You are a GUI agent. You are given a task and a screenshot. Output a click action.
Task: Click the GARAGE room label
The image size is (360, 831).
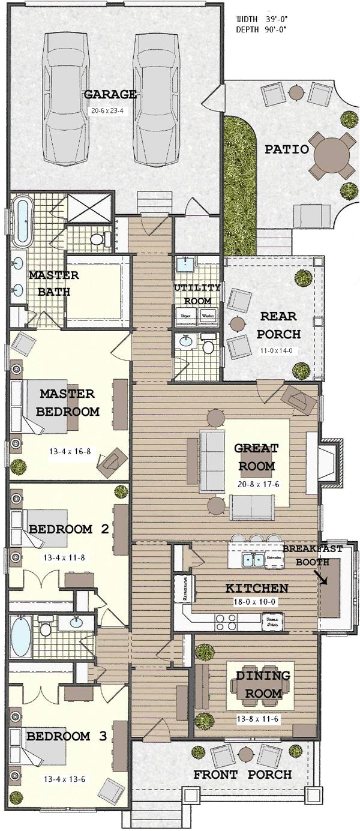point(110,94)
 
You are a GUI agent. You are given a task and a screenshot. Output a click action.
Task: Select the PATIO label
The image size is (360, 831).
point(287,149)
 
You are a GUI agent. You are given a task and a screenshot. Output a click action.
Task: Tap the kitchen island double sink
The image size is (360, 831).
point(250,560)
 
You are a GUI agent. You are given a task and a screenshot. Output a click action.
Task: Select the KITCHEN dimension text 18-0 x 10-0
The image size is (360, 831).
point(257,601)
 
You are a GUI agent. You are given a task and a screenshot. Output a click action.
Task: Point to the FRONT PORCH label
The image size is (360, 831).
point(242,775)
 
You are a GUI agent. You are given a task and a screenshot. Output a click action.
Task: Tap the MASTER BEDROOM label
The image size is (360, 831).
point(67,403)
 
